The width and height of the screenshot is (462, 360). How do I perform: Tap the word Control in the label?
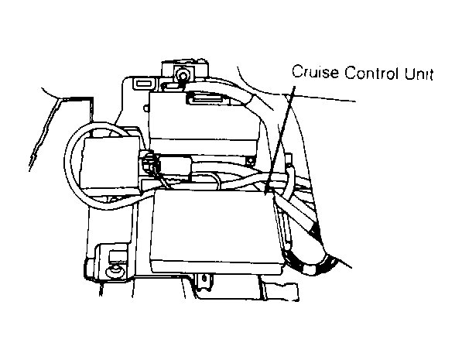pyautogui.click(x=371, y=73)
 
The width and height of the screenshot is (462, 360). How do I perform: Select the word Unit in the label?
pyautogui.click(x=419, y=73)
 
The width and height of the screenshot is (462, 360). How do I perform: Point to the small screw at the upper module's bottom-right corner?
pyautogui.click(x=251, y=160)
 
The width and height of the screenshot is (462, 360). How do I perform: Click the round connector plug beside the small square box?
pyautogui.click(x=148, y=163)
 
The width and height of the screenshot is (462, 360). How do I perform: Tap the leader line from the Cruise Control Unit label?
pyautogui.click(x=280, y=140)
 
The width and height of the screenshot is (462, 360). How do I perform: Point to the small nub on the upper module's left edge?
pyautogui.click(x=146, y=108)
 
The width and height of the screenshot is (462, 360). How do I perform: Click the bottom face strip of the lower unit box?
pyautogui.click(x=217, y=266)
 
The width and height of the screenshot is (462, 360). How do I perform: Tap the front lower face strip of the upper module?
pyautogui.click(x=204, y=146)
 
